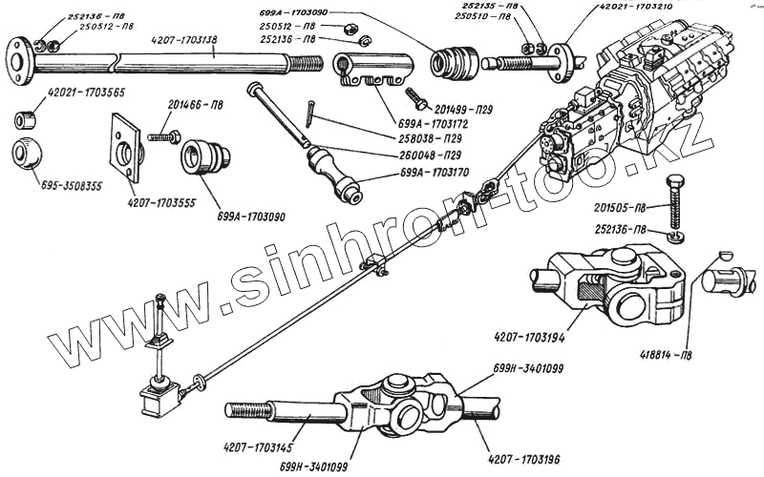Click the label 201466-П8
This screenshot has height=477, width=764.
click(x=196, y=105)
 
